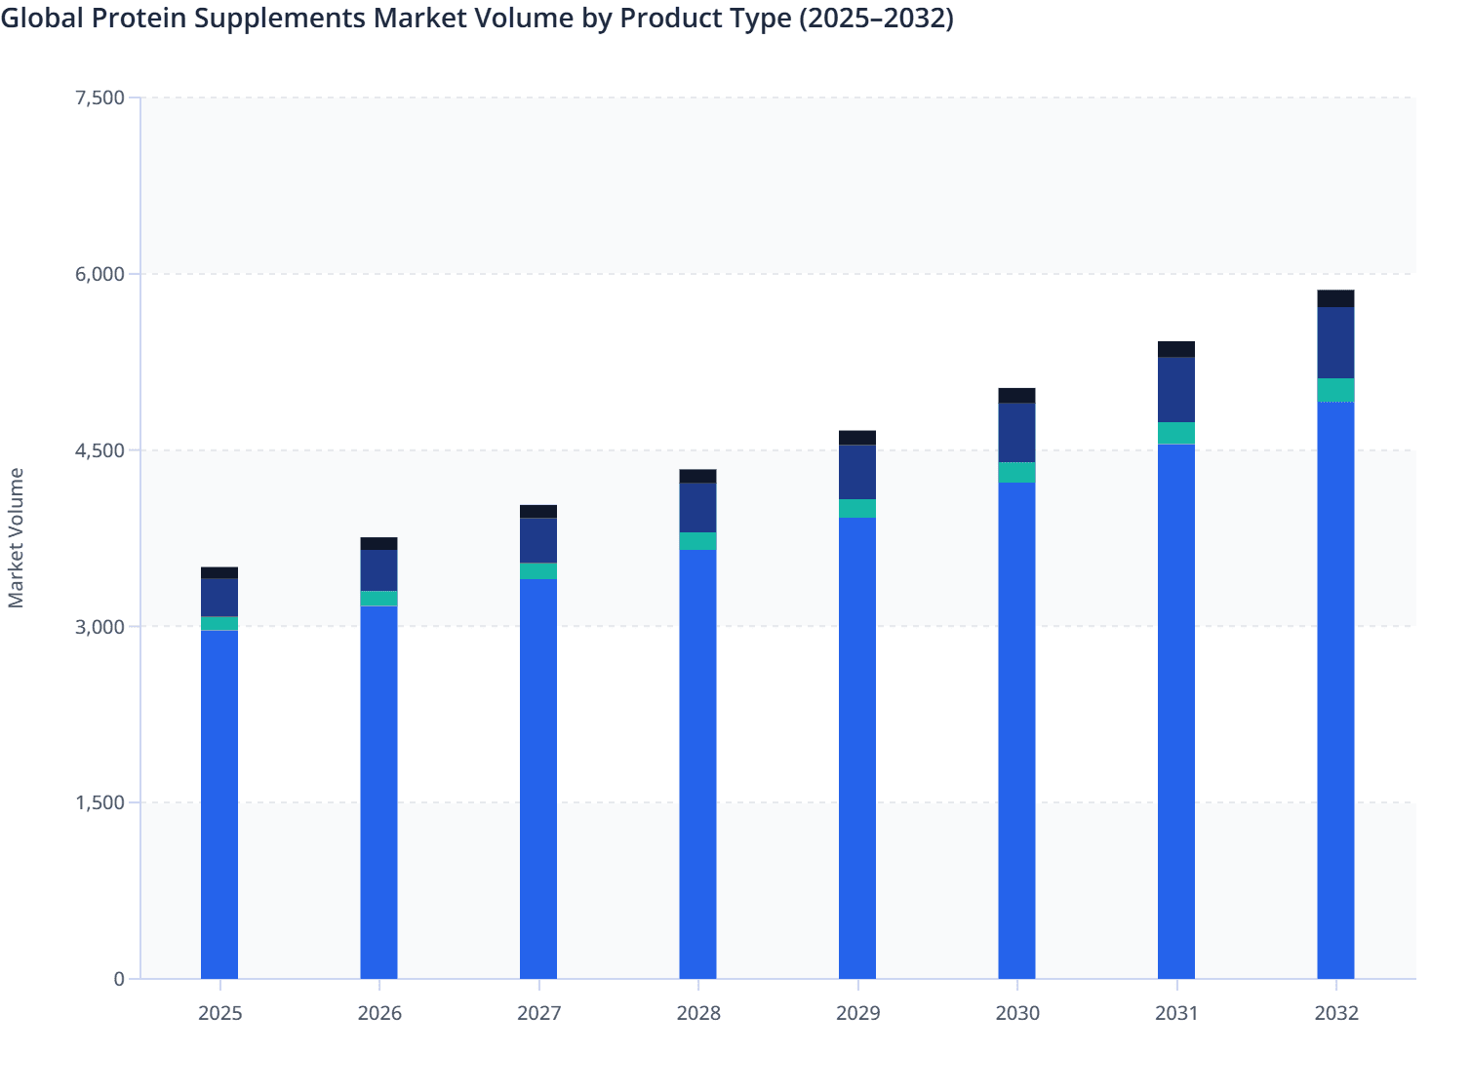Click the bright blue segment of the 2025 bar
tap(219, 804)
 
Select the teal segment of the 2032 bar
tap(1335, 390)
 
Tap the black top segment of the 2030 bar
tap(1016, 396)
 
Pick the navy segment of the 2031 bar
tap(1176, 390)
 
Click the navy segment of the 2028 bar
tap(697, 508)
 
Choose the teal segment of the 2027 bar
tap(538, 571)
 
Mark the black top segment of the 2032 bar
tap(1335, 299)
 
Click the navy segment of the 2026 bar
tap(378, 570)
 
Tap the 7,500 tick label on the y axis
tap(99, 97)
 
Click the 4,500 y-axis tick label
tap(99, 450)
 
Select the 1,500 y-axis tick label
tap(99, 802)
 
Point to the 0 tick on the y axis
tap(119, 979)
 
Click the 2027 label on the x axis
tap(538, 1013)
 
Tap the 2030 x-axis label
tap(1016, 1013)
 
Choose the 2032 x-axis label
tap(1335, 1013)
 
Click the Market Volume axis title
tap(17, 538)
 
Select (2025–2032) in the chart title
tap(876, 19)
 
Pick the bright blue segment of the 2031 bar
tap(1176, 712)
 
